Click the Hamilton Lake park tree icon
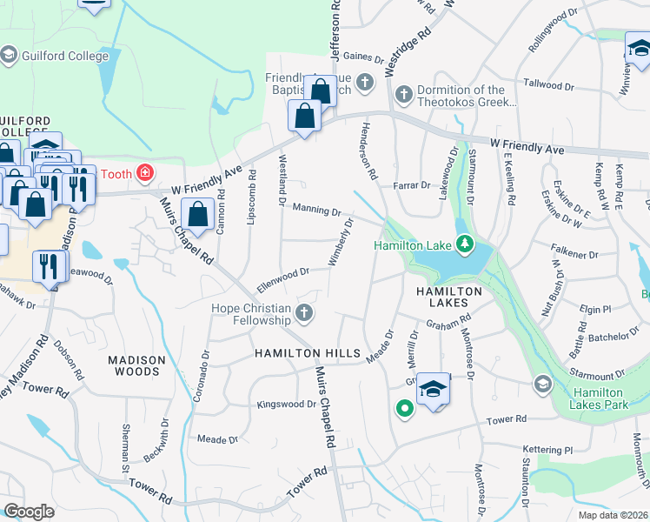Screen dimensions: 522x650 [x=465, y=243]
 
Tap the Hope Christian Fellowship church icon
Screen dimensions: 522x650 [x=304, y=312]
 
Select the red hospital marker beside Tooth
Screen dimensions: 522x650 [x=144, y=173]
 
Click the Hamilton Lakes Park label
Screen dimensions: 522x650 [x=600, y=398]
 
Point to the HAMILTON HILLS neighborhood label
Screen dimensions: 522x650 [x=307, y=353]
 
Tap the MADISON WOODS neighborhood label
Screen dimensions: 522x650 [x=134, y=365]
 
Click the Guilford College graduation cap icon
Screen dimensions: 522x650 [x=9, y=56]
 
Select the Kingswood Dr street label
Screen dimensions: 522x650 [x=287, y=405]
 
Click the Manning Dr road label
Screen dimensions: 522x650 [x=316, y=210]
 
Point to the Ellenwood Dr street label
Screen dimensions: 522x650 [x=283, y=278]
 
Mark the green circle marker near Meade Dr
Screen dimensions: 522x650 [x=404, y=406]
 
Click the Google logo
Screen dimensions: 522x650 [x=29, y=512]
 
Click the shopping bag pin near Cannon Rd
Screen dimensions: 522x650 [x=199, y=214]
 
